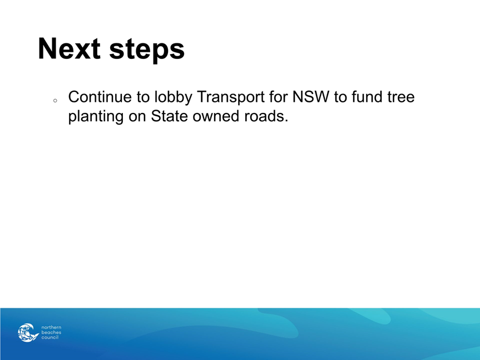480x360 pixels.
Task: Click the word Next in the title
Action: click(70, 48)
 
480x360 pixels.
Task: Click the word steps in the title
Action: click(147, 50)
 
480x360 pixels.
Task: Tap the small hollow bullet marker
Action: click(55, 100)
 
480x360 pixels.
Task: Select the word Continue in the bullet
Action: click(100, 97)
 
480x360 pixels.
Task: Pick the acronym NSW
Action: click(311, 97)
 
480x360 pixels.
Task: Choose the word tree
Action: click(400, 97)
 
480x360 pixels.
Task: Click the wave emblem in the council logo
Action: click(28, 332)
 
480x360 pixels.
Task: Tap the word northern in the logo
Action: click(51, 327)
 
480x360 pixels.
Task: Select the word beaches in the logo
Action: click(51, 332)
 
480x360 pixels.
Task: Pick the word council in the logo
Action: click(50, 337)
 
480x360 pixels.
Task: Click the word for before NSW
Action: click(279, 97)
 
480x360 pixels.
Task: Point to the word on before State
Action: click(137, 117)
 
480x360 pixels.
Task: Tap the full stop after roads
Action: click(286, 121)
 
